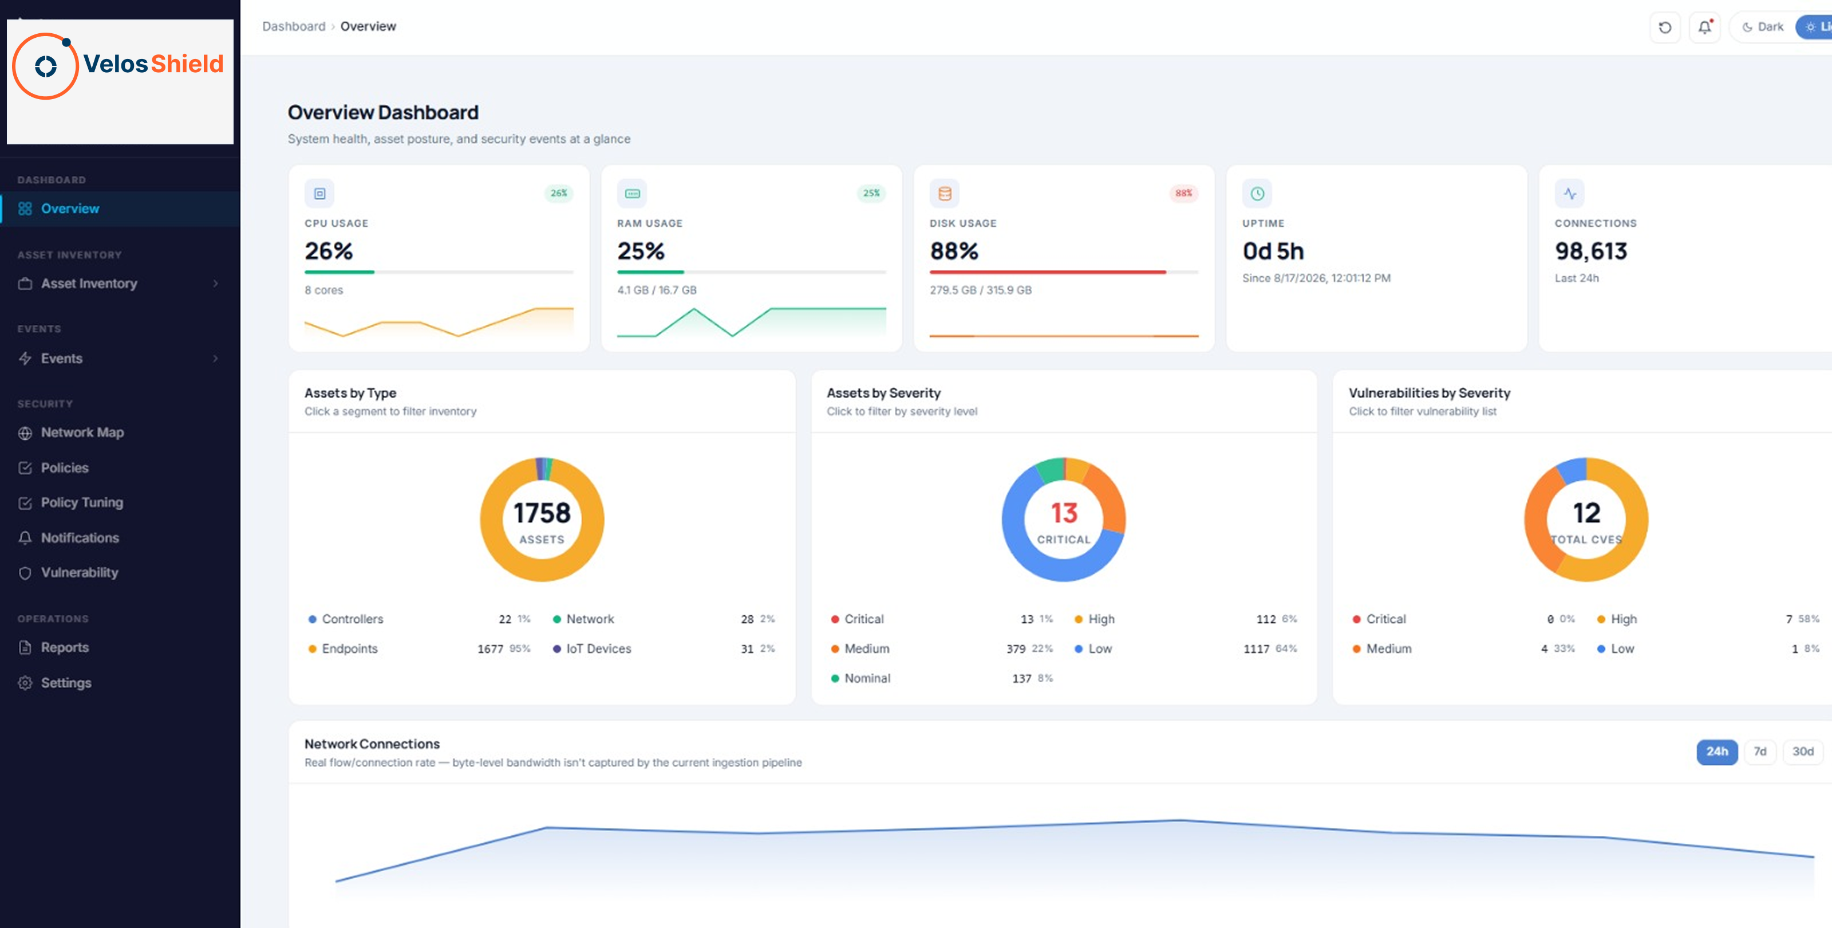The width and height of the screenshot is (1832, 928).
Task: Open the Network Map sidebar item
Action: click(82, 432)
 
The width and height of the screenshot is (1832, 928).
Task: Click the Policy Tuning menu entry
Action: click(82, 502)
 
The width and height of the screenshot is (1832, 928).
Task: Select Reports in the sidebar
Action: click(64, 648)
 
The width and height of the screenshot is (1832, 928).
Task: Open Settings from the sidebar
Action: click(65, 682)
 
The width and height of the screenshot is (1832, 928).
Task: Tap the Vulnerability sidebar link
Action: click(79, 572)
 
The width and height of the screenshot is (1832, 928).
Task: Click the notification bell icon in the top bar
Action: click(1705, 27)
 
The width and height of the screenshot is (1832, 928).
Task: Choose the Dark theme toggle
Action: click(1763, 27)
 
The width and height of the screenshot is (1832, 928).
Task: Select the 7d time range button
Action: click(1760, 752)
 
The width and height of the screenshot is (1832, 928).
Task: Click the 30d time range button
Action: click(1803, 752)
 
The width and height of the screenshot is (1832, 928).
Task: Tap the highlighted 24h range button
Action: click(1717, 752)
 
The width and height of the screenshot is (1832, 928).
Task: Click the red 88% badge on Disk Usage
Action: click(1183, 193)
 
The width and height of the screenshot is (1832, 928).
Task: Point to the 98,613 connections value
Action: click(1591, 251)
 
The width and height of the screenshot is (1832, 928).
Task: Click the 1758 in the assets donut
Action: click(542, 513)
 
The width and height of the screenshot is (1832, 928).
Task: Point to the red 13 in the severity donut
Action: click(1064, 513)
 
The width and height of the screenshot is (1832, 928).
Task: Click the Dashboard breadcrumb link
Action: click(294, 26)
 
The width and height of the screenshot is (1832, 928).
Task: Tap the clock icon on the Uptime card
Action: click(1257, 194)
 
